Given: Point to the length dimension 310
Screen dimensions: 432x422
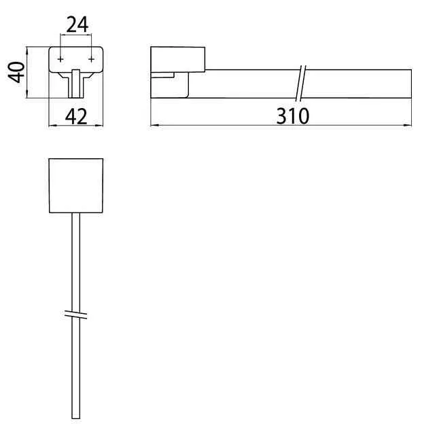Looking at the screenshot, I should tap(292, 115).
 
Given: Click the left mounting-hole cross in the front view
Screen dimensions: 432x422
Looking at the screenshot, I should tap(61, 60).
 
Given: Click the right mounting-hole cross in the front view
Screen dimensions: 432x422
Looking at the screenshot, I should tap(90, 60).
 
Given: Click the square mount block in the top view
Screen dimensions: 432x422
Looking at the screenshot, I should tap(76, 185).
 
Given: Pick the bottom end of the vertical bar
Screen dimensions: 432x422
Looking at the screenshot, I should tap(76, 416).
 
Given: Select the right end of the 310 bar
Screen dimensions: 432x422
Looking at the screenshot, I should tap(410, 84).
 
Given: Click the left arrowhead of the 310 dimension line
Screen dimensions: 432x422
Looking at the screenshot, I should tap(152, 125).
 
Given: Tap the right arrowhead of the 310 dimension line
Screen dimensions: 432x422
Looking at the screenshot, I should tap(409, 125).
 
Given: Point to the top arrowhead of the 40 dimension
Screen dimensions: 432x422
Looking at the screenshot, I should tap(27, 49).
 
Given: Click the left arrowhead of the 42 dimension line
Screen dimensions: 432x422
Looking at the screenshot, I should tap(52, 125).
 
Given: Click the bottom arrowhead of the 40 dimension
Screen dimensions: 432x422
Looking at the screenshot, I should tap(27, 96).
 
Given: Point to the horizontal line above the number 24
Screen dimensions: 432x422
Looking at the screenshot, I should tap(75, 37).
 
